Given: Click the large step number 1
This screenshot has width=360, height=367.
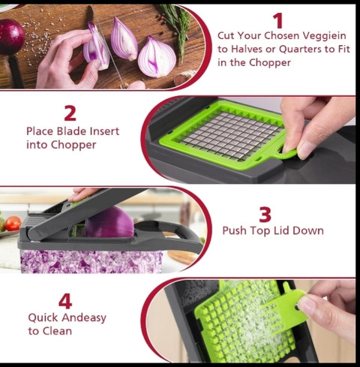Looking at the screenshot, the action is pyautogui.click(x=277, y=21).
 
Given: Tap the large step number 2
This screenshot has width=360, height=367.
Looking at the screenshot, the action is pyautogui.click(x=70, y=113).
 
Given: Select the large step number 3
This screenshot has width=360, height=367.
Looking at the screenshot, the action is pyautogui.click(x=265, y=215).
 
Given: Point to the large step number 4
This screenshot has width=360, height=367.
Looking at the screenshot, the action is pyautogui.click(x=65, y=301).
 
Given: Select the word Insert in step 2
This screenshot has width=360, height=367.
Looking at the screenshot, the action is pyautogui.click(x=104, y=131).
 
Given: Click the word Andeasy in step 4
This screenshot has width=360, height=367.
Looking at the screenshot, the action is pyautogui.click(x=84, y=318).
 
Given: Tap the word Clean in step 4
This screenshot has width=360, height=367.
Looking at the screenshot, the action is pyautogui.click(x=57, y=331).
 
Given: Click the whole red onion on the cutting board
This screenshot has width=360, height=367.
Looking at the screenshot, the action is pyautogui.click(x=11, y=37).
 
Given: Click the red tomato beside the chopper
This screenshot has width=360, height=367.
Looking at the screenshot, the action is pyautogui.click(x=13, y=224).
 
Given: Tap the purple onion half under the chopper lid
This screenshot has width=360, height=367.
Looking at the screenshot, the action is pyautogui.click(x=109, y=222).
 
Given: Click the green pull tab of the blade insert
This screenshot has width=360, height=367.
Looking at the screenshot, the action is pyautogui.click(x=287, y=154).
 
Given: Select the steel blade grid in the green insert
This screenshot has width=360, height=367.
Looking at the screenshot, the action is pyautogui.click(x=230, y=136).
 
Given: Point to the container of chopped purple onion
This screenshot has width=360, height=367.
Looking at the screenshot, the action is pyautogui.click(x=91, y=261).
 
